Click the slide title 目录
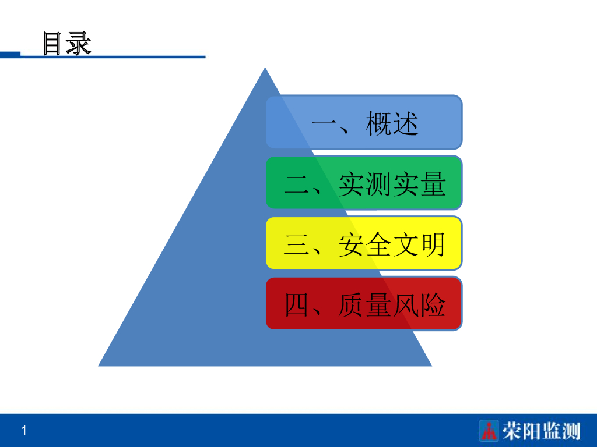click(67, 44)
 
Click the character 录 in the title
click(79, 44)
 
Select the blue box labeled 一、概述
click(364, 122)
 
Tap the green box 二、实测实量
click(364, 183)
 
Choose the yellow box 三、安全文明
click(364, 243)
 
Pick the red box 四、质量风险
click(364, 304)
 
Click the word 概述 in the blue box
click(392, 123)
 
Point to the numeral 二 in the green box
click(296, 185)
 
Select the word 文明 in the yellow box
click(419, 245)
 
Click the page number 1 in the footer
click(24, 431)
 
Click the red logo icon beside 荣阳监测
click(489, 431)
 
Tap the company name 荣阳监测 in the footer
click(542, 431)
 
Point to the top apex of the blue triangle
click(265, 69)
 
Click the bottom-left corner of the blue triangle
click(100, 365)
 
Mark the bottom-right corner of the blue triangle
click(430, 365)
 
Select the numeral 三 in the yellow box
click(296, 245)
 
